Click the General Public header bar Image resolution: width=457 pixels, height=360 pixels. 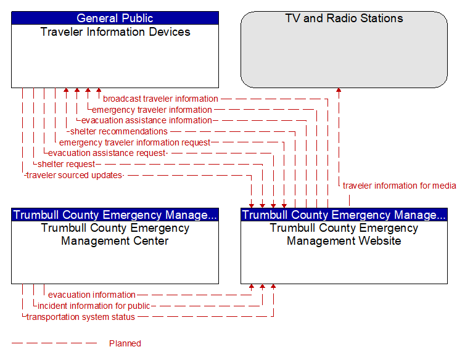(115, 18)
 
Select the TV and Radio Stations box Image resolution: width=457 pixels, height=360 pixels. (344, 49)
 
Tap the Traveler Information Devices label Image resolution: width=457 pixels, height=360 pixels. (115, 31)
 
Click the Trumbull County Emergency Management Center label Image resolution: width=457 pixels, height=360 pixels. (115, 234)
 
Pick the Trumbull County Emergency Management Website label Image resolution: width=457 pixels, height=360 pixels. (344, 234)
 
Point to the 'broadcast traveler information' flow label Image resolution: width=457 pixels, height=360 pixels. (160, 99)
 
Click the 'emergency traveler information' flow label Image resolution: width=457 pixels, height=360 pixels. (152, 110)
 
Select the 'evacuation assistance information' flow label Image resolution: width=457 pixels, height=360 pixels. (146, 120)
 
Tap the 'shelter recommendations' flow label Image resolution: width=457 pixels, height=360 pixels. (118, 131)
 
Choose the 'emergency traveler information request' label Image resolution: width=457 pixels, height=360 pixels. (134, 142)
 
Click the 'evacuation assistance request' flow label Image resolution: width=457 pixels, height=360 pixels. (107, 153)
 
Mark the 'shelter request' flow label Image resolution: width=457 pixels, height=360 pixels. (67, 164)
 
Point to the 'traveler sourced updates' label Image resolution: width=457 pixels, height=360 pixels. (73, 175)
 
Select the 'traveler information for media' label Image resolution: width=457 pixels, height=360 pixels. (399, 186)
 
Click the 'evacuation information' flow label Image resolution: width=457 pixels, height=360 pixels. (92, 295)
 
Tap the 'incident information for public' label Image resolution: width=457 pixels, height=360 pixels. (94, 306)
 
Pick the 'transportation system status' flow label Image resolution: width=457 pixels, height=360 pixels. (80, 317)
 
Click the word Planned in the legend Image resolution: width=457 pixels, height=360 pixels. (125, 343)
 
